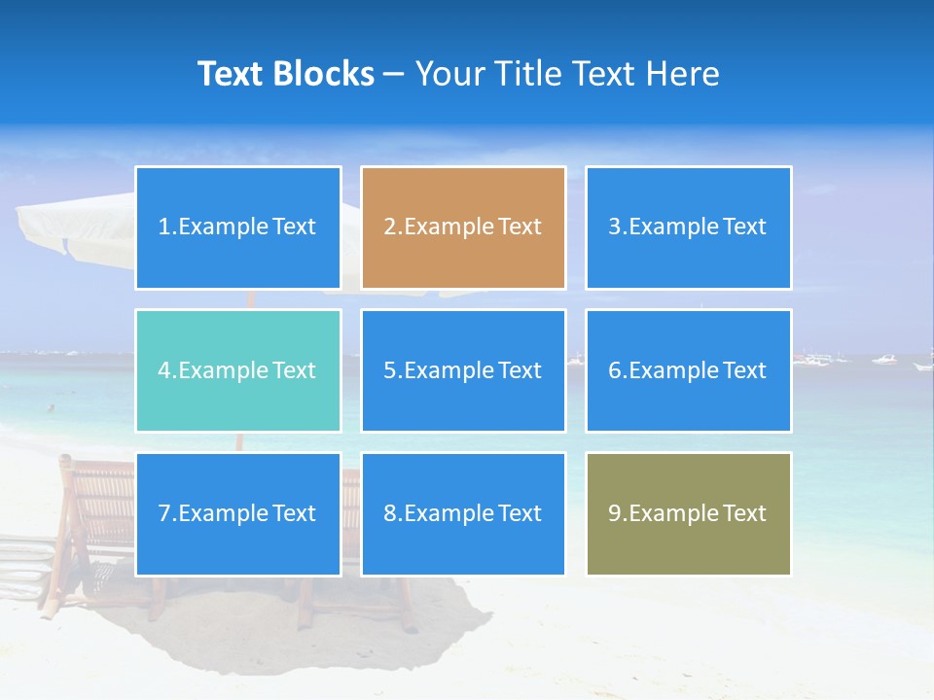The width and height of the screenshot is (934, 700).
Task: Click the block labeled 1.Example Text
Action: click(x=238, y=227)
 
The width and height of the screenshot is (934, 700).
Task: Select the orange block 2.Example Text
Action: click(x=463, y=227)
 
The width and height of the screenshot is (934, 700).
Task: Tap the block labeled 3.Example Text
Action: click(x=688, y=227)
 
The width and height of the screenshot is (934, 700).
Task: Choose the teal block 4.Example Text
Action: click(x=238, y=370)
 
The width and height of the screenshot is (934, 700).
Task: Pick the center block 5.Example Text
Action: click(x=463, y=370)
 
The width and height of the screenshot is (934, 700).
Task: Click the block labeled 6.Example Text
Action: click(x=688, y=370)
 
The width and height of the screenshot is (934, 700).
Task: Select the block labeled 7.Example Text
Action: click(x=238, y=513)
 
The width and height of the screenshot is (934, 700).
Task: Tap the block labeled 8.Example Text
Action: click(x=463, y=513)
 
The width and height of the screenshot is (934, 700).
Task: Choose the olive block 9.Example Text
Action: click(x=688, y=513)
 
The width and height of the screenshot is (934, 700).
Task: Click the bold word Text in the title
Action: click(x=232, y=74)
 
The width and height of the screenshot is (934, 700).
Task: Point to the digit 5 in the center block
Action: click(x=389, y=370)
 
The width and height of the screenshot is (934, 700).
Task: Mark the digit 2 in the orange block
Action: click(x=389, y=227)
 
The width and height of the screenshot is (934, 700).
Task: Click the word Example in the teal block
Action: click(x=222, y=370)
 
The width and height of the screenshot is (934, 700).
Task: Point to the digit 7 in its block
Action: click(x=164, y=513)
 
